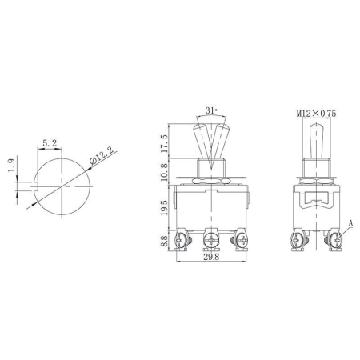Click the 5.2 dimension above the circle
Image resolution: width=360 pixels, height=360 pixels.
[49, 142]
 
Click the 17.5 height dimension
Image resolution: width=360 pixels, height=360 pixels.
[165, 145]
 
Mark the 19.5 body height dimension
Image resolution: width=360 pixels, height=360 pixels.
[165, 209]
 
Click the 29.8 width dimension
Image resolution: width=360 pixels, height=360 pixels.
[210, 258]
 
